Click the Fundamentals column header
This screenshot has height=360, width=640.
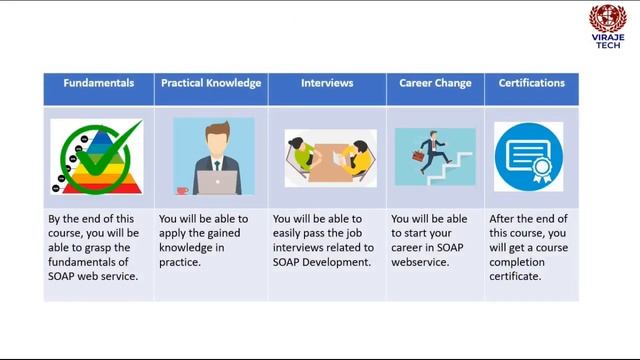click(99, 83)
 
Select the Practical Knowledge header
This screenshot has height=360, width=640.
click(212, 83)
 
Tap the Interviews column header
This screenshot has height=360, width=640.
click(327, 83)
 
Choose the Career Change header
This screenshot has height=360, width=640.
click(435, 83)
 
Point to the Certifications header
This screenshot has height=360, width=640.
click(531, 83)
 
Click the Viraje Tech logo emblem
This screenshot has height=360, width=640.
click(608, 19)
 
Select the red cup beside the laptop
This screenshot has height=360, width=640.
click(182, 189)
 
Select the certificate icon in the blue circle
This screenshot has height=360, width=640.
click(528, 156)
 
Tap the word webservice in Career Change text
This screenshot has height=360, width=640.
click(419, 262)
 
